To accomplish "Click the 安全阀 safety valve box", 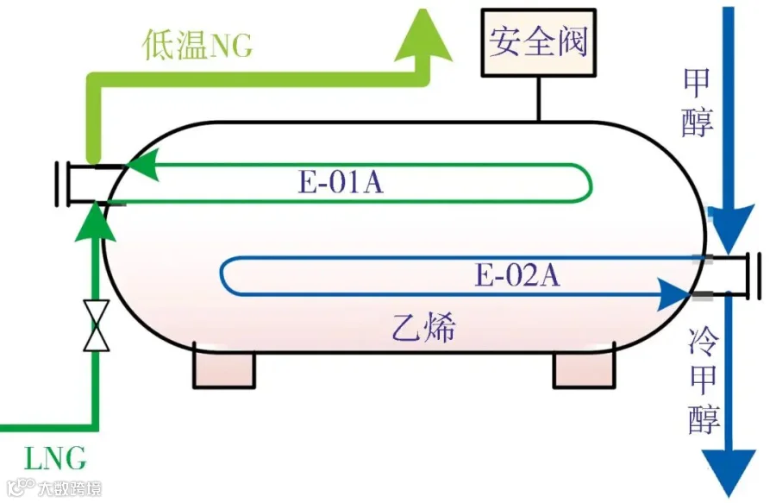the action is [538, 42].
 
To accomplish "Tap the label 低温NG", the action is [197, 45].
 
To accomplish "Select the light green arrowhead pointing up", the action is [423, 35].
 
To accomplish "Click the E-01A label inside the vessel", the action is [341, 182].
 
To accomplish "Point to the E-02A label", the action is [517, 274].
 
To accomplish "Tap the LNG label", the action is [55, 458].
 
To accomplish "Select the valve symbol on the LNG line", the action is [97, 325].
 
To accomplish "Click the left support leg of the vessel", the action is [224, 369].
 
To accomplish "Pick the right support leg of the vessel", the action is [585, 369].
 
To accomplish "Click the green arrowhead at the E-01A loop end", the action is [142, 165].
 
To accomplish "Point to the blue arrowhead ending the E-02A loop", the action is [674, 294].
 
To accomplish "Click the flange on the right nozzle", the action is [755, 275].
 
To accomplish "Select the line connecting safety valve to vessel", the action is [538, 99].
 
